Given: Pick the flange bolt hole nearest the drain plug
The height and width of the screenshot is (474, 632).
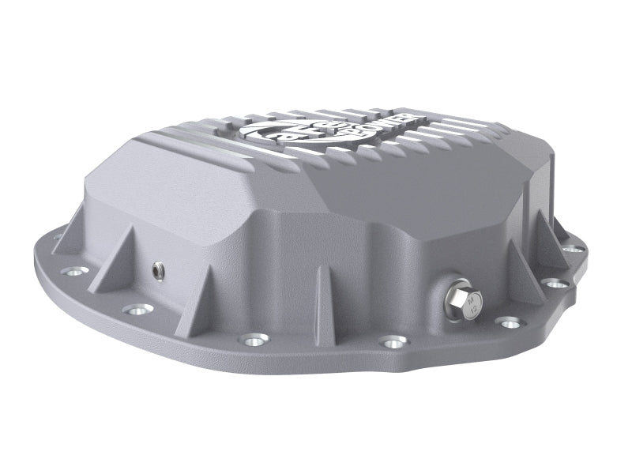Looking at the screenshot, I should [509, 322].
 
